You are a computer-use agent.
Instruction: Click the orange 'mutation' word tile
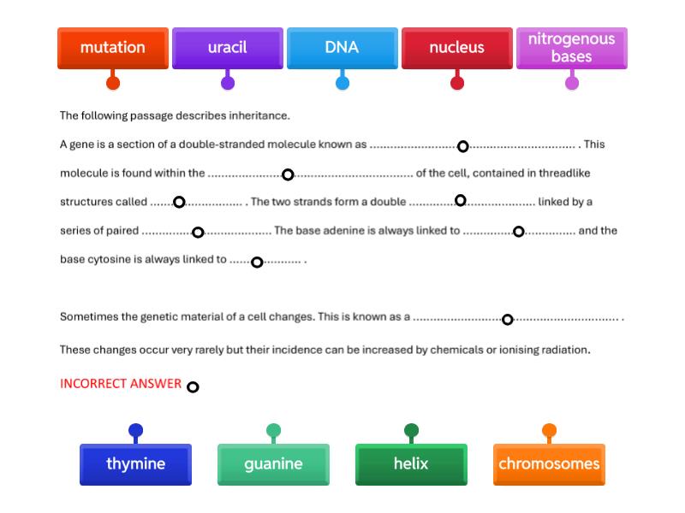pyautogui.click(x=112, y=48)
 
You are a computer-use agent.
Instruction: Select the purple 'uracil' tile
pyautogui.click(x=227, y=48)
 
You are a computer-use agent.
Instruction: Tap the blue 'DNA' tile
pyautogui.click(x=342, y=48)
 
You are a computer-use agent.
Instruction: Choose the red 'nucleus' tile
pyautogui.click(x=456, y=48)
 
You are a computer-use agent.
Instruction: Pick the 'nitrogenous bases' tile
pyautogui.click(x=571, y=48)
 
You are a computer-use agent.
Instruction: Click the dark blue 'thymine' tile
pyautogui.click(x=135, y=464)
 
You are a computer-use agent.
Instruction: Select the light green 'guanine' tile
pyautogui.click(x=273, y=464)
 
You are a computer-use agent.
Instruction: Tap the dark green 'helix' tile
pyautogui.click(x=411, y=464)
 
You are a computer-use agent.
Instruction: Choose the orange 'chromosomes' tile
pyautogui.click(x=549, y=464)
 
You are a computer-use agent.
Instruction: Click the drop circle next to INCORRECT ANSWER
pyautogui.click(x=193, y=387)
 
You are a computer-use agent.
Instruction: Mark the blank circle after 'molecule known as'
pyautogui.click(x=462, y=146)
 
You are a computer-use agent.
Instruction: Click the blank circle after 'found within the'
pyautogui.click(x=288, y=174)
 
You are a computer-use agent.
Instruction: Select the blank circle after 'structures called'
pyautogui.click(x=179, y=203)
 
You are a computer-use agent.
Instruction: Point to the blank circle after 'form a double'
pyautogui.click(x=460, y=201)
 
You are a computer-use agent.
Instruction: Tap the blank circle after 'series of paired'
pyautogui.click(x=198, y=233)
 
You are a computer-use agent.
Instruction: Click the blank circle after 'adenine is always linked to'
pyautogui.click(x=518, y=232)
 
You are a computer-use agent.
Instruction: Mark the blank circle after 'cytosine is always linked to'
pyautogui.click(x=256, y=262)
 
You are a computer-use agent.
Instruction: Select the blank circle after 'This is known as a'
pyautogui.click(x=507, y=320)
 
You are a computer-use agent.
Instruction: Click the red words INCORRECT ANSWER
pyautogui.click(x=121, y=384)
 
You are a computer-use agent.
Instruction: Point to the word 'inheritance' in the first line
pyautogui.click(x=259, y=115)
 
